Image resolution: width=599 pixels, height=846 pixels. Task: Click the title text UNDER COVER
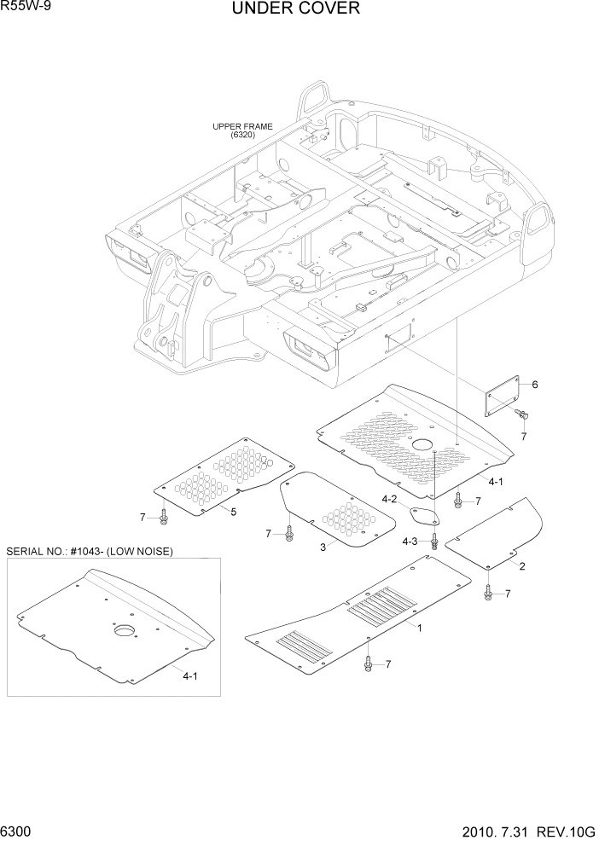point(295,9)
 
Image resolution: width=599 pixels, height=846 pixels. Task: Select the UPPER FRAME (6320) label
point(242,130)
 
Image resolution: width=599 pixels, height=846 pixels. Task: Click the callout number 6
point(535,385)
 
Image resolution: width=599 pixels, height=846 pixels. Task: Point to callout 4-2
point(388,499)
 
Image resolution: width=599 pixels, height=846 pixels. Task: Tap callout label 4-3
point(410,542)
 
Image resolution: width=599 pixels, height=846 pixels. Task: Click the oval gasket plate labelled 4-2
point(423,515)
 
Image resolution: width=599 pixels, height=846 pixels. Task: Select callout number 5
point(233,512)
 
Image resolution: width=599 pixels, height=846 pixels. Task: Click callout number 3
point(323,548)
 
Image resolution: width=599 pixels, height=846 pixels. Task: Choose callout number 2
point(521,566)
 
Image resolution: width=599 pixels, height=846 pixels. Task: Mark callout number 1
point(419,627)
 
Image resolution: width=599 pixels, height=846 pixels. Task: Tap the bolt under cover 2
point(487,591)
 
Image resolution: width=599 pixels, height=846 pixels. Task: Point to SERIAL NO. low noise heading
point(90,552)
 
